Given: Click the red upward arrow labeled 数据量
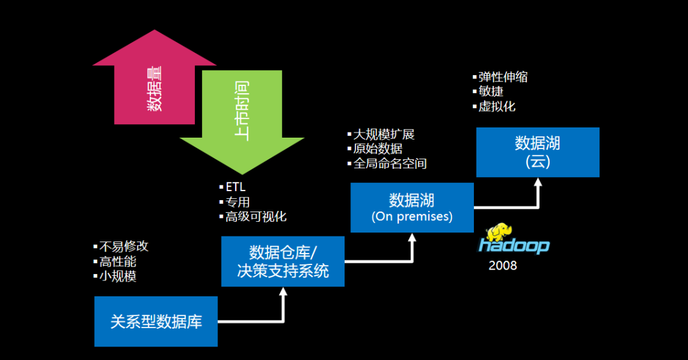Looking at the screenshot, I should (154, 83).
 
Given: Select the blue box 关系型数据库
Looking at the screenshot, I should (156, 322).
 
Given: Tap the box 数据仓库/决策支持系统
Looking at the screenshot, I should (282, 261).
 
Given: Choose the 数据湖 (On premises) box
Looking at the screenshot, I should (412, 208).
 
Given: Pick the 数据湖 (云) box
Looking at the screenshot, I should (538, 152).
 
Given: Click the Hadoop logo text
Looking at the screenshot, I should (514, 246).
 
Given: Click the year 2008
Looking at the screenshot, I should (503, 266).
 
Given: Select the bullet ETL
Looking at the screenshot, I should (235, 187).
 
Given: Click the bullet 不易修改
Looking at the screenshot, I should (124, 247).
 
